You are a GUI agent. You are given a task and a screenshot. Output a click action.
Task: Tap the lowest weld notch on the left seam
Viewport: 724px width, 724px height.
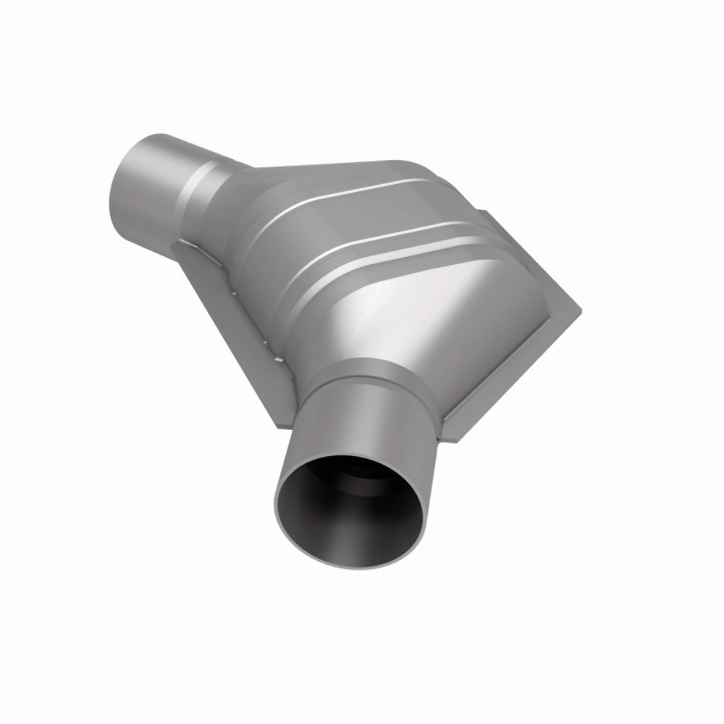(x=271, y=355)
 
